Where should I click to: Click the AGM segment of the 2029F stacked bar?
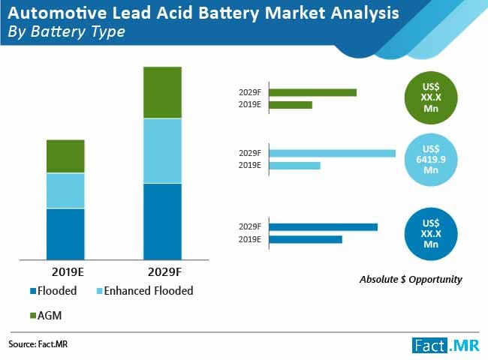coord(163,92)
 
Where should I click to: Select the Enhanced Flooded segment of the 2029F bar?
coord(163,151)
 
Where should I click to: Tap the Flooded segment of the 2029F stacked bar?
coord(163,220)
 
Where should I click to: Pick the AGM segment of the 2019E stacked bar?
coord(65,156)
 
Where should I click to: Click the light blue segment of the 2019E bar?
coord(65,190)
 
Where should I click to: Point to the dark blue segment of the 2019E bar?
coord(65,233)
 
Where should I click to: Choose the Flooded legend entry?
coord(56,290)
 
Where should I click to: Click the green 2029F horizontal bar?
coord(312,92)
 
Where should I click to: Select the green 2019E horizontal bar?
coord(290,105)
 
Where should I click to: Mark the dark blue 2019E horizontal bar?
coord(305,239)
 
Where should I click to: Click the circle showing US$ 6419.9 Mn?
coord(431,159)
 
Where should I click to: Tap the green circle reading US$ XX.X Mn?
coord(431,96)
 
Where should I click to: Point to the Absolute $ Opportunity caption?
coord(411,279)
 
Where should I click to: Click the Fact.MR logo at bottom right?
coord(444,344)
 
